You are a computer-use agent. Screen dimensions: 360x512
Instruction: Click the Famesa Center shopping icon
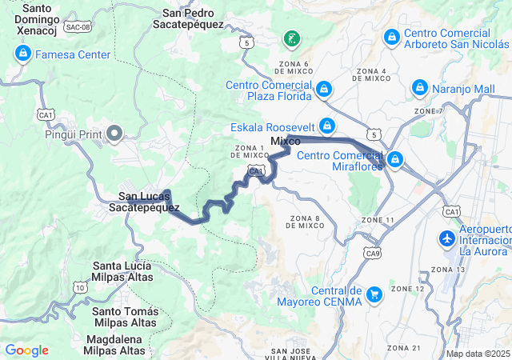point(22,54)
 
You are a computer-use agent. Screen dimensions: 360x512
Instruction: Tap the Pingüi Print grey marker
point(114,134)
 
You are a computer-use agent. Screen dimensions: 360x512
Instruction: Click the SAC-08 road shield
point(77,27)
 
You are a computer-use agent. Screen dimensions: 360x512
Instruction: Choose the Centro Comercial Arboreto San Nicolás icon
point(392,37)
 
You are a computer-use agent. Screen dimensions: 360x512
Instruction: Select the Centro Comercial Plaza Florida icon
point(324,89)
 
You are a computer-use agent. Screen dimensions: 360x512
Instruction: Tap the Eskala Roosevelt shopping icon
point(327,126)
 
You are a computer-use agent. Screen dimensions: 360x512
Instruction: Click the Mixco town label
point(286,141)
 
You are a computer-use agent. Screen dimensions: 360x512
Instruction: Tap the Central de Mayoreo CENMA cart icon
point(374,296)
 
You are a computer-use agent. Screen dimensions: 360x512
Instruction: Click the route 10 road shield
point(78,286)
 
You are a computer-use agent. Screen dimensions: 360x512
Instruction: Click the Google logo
point(27,350)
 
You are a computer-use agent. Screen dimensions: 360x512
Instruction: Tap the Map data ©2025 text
point(477,354)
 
